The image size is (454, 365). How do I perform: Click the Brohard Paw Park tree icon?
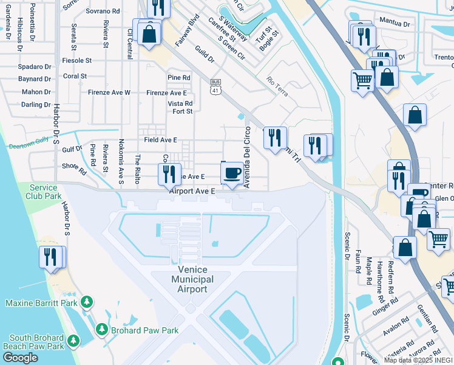[x=101, y=330]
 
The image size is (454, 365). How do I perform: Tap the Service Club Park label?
[x=44, y=192]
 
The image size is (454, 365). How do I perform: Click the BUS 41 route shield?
[x=215, y=86]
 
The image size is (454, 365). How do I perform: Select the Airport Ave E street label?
[x=192, y=191]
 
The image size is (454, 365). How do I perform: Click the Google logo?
[x=19, y=358]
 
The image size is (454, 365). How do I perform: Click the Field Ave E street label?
[x=160, y=140]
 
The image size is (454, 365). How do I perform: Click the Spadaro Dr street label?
[x=34, y=66]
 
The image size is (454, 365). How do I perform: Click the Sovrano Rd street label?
[x=102, y=11]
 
